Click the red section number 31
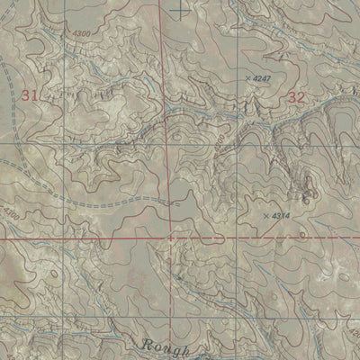tap(30, 94)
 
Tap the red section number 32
tap(298, 97)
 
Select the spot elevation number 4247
tap(262, 79)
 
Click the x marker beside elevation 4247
tap(247, 79)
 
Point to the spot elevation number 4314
tap(281, 216)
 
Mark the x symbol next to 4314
tap(265, 216)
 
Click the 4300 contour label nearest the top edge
tap(79, 33)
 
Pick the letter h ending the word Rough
tap(187, 347)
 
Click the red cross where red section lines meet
tap(171, 238)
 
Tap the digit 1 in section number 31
tap(35, 94)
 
